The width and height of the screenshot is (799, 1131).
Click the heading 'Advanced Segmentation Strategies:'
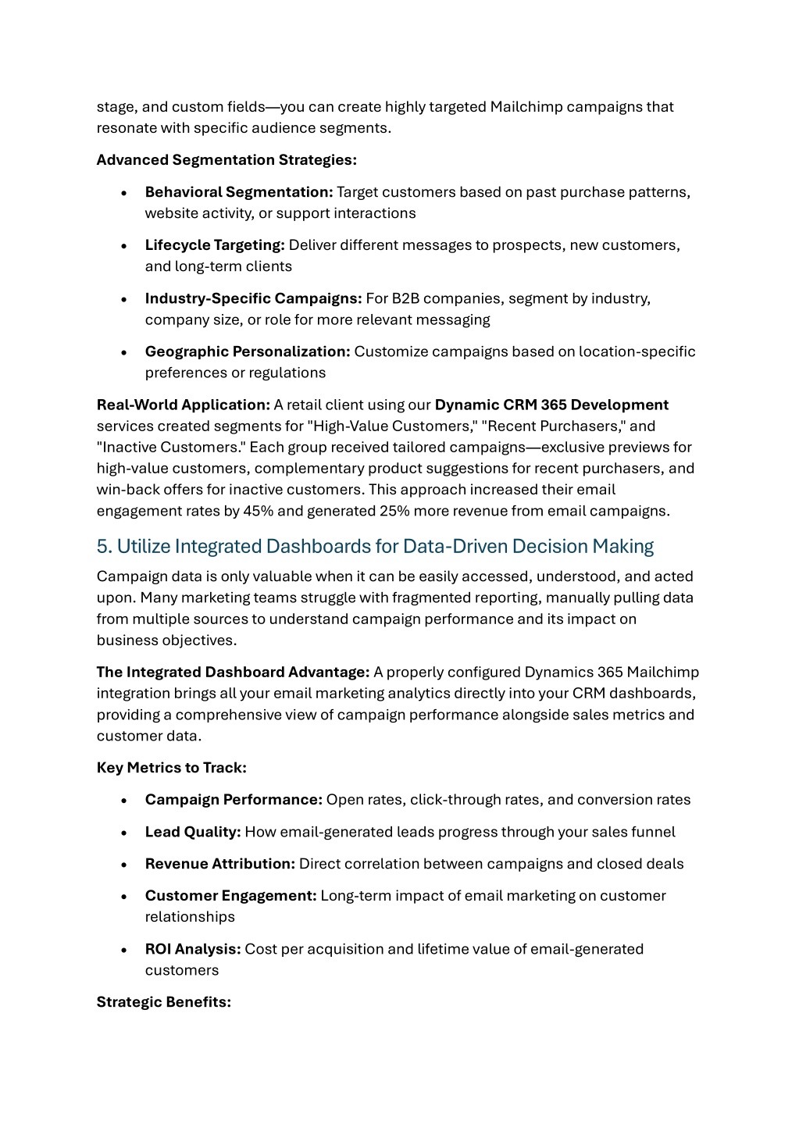click(x=227, y=160)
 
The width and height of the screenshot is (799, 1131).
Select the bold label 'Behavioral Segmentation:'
click(x=239, y=192)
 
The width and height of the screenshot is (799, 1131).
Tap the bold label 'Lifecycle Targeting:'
click(x=215, y=245)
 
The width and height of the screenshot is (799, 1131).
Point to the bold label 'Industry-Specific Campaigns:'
click(x=253, y=298)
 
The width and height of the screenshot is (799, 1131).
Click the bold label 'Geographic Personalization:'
click(x=248, y=351)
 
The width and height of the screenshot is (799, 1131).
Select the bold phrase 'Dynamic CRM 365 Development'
click(x=551, y=405)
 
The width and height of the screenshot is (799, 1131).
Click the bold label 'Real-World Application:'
click(x=184, y=405)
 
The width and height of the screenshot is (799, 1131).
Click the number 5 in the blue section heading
click(x=102, y=546)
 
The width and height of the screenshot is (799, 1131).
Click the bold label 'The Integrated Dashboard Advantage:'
click(x=233, y=673)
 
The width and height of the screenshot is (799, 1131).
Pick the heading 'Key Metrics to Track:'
click(x=172, y=768)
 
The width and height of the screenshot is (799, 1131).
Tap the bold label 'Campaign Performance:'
click(x=234, y=800)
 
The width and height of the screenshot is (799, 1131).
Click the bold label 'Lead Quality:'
click(x=193, y=832)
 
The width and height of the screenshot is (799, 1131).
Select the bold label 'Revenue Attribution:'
click(x=220, y=864)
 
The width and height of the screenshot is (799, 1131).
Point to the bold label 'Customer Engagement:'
click(x=230, y=896)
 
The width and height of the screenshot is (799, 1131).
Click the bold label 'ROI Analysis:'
click(x=193, y=949)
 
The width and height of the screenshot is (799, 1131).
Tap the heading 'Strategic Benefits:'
click(x=164, y=1002)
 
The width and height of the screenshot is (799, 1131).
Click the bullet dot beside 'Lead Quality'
click(x=124, y=833)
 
